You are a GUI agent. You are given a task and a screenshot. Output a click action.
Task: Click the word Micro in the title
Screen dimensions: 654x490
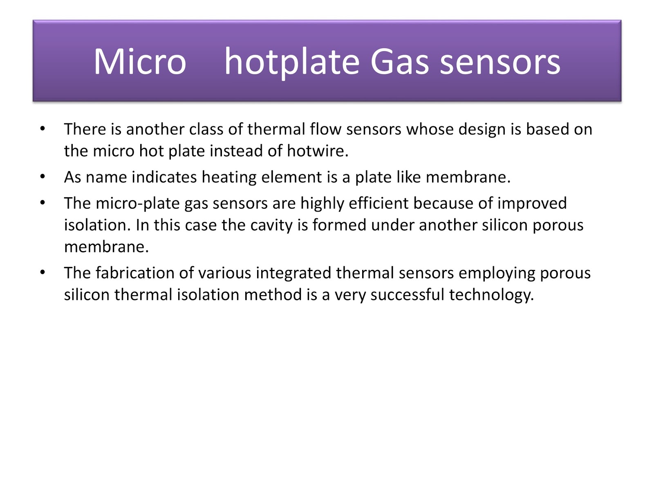click(140, 61)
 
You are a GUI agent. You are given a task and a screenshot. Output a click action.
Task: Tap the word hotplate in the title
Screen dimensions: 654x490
click(292, 62)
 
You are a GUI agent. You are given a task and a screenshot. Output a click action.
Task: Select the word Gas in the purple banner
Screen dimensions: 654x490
click(399, 61)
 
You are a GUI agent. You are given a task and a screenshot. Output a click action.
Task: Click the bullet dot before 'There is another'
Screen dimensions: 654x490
click(43, 129)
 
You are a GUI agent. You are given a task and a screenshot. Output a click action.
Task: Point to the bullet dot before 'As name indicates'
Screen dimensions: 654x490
click(43, 177)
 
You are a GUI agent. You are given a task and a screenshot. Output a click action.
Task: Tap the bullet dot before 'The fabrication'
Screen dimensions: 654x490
click(43, 272)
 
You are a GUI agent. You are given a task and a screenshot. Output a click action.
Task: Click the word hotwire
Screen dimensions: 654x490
click(317, 151)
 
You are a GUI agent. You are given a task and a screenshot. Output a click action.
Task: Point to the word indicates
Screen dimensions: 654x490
click(164, 177)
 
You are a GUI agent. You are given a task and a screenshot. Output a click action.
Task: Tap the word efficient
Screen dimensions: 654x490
click(379, 203)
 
